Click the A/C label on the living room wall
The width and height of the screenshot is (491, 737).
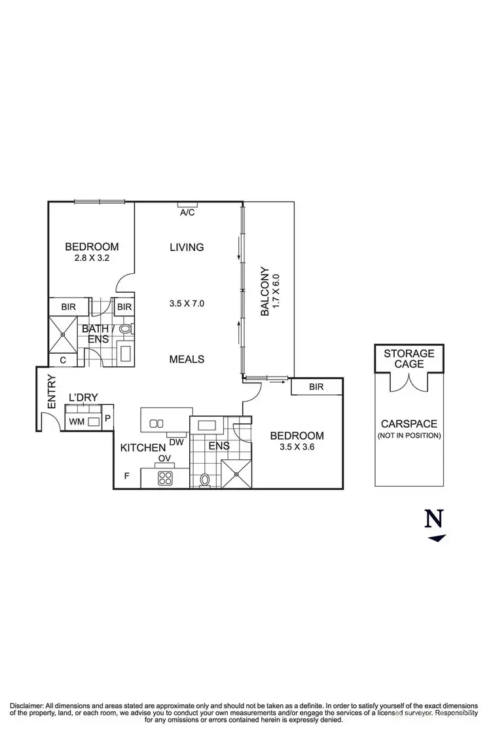pyautogui.click(x=187, y=212)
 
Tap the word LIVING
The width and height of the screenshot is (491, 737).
pyautogui.click(x=187, y=247)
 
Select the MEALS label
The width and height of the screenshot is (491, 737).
pyautogui.click(x=187, y=359)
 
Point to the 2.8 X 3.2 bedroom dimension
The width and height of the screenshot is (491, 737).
pyautogui.click(x=92, y=259)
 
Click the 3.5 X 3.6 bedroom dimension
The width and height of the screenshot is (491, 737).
pyautogui.click(x=297, y=447)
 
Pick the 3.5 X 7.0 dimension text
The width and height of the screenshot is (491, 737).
pyautogui.click(x=187, y=303)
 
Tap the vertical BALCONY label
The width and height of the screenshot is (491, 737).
pyautogui.click(x=264, y=292)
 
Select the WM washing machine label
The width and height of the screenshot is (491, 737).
pyautogui.click(x=77, y=422)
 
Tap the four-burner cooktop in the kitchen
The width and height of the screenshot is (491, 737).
pyautogui.click(x=165, y=478)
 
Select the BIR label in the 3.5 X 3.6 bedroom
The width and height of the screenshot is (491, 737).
pyautogui.click(x=317, y=388)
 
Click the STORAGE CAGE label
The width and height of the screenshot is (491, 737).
pyautogui.click(x=409, y=358)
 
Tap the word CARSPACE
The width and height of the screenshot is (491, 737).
pyautogui.click(x=409, y=424)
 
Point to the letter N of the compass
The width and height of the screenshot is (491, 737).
pyautogui.click(x=434, y=519)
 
